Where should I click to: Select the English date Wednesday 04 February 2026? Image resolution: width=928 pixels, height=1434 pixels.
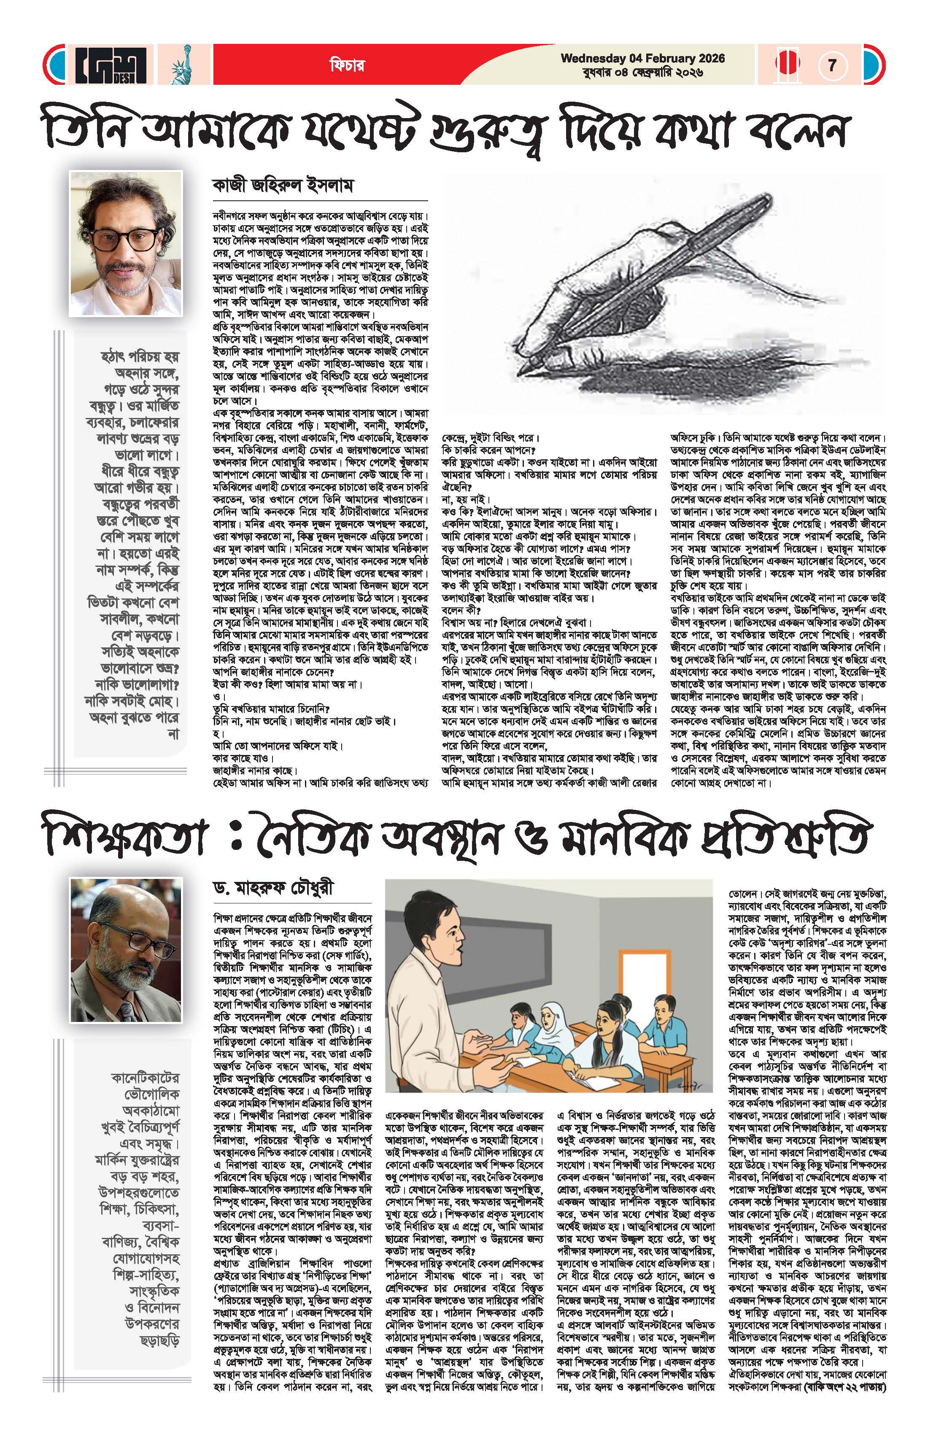point(642,59)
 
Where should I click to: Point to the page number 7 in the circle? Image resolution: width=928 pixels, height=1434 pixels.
point(833,65)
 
